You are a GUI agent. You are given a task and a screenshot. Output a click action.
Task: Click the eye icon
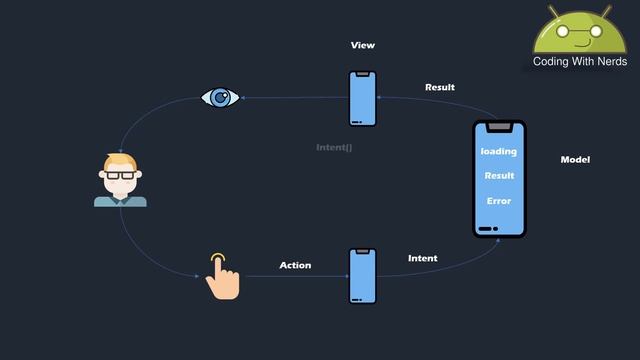click(219, 97)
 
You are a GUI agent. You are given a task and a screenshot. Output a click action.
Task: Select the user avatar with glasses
click(120, 181)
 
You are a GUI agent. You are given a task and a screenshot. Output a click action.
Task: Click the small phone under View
click(362, 99)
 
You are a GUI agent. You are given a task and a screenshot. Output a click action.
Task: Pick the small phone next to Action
click(362, 276)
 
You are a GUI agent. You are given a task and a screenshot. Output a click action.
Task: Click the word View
click(362, 46)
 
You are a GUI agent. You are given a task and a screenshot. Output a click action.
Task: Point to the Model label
click(575, 160)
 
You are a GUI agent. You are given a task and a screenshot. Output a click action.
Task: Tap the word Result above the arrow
click(439, 87)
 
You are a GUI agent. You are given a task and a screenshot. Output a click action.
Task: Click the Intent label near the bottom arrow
click(422, 258)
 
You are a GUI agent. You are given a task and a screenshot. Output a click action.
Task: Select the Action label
click(295, 265)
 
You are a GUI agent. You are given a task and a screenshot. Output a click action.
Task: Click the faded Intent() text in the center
click(334, 147)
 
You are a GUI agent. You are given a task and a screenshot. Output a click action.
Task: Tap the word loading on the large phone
click(499, 151)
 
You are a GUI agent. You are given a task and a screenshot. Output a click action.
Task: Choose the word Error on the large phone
click(499, 201)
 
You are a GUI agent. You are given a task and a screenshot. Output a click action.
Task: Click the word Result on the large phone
click(499, 176)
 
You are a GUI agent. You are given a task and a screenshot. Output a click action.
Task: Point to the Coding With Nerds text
click(580, 62)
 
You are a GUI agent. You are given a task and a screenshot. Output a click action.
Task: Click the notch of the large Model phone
click(499, 126)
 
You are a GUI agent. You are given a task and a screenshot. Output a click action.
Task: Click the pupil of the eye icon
click(220, 97)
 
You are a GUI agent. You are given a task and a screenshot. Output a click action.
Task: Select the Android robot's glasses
click(580, 31)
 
